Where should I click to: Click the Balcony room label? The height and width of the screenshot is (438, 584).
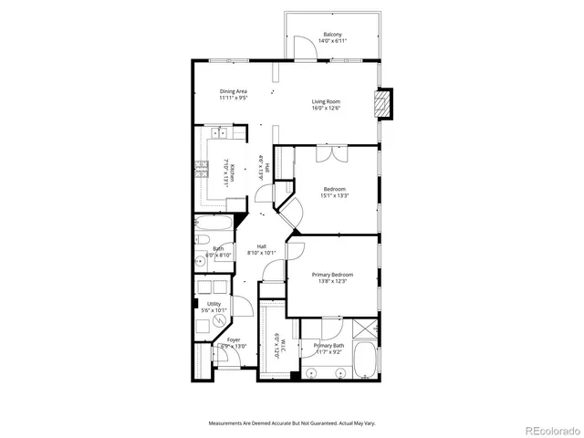(x=331, y=36)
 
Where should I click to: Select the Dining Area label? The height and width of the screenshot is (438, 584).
(x=234, y=91)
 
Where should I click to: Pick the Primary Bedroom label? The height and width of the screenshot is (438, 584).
(x=333, y=275)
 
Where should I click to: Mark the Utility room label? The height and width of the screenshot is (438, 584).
(x=214, y=304)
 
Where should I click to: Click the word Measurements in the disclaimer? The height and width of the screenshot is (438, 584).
(x=227, y=423)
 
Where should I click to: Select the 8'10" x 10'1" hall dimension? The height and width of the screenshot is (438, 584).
(x=261, y=253)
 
